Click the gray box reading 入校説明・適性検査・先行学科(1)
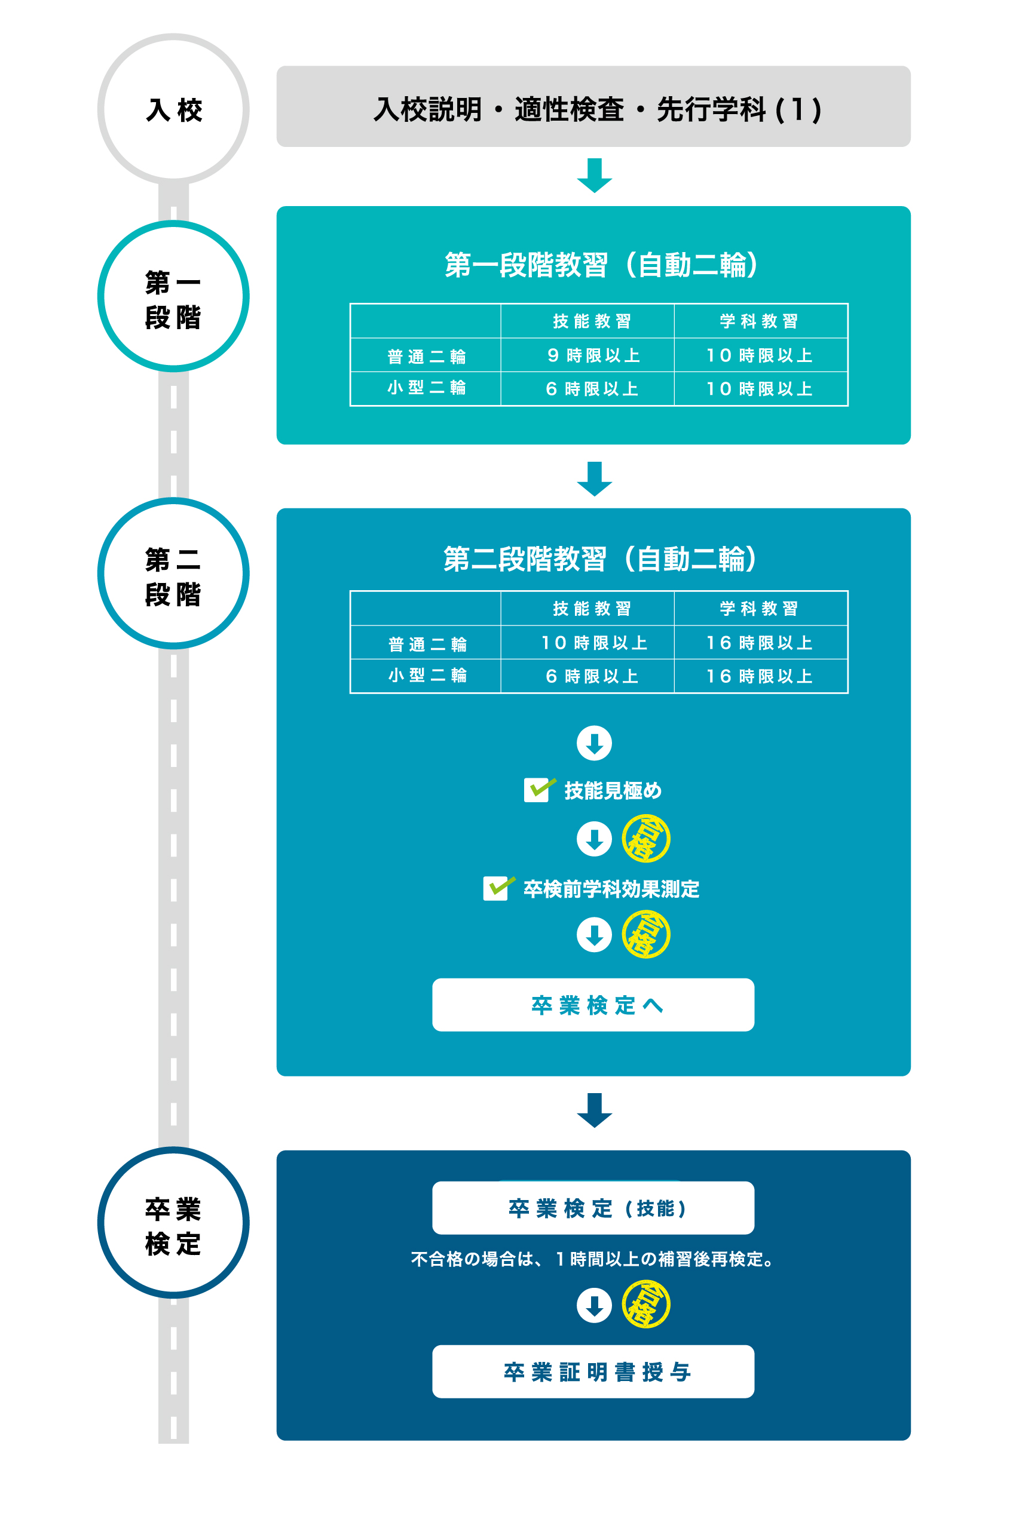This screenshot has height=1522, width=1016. [x=593, y=107]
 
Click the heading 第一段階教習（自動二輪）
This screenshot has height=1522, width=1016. [x=601, y=265]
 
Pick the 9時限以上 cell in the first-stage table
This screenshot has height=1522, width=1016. [x=593, y=355]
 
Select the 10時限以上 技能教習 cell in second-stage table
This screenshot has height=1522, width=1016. [x=593, y=643]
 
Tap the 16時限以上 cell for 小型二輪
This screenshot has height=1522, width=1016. [x=760, y=676]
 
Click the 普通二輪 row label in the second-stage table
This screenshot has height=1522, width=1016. [x=427, y=644]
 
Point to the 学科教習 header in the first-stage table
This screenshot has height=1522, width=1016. [x=760, y=321]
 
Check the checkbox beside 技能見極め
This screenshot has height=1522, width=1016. [x=537, y=790]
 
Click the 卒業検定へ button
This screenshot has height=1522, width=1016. [x=593, y=1005]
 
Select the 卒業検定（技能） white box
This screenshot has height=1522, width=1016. [x=593, y=1208]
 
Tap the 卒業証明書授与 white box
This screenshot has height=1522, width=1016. [x=593, y=1371]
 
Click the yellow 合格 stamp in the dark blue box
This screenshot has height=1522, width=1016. [x=646, y=1305]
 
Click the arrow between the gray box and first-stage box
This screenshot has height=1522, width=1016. [x=594, y=176]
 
